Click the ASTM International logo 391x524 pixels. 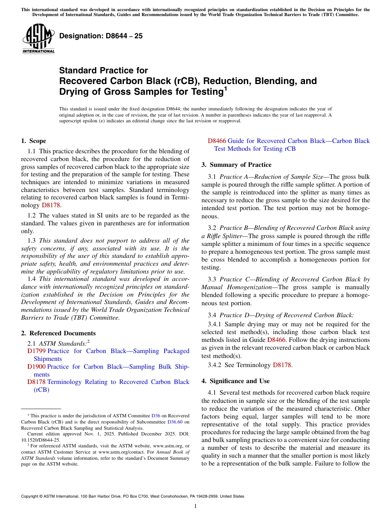(38, 39)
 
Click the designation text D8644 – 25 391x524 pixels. (101, 36)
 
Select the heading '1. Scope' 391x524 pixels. (33, 141)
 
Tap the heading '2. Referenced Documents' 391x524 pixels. (58, 333)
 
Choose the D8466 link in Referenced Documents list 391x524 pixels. (217, 141)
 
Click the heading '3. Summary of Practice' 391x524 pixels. (236, 165)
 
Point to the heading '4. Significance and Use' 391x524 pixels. (235, 381)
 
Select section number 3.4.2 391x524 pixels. (214, 365)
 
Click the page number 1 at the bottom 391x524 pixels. (195, 506)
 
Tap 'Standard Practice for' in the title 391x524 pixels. (103, 70)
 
